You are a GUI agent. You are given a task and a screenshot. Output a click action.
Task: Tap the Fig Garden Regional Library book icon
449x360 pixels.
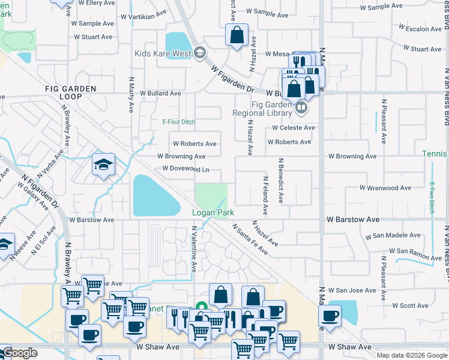(301, 109)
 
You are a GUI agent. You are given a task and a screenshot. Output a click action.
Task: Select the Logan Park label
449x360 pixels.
(212, 213)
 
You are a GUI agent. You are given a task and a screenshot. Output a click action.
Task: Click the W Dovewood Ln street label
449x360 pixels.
(185, 169)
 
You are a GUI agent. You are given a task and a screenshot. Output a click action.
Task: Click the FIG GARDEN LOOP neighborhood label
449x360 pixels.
(71, 92)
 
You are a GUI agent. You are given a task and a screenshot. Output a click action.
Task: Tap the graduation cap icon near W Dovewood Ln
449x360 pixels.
(103, 165)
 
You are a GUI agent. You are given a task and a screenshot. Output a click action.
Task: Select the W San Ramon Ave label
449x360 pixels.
(411, 254)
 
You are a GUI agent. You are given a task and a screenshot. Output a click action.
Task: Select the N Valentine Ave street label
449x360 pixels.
(194, 248)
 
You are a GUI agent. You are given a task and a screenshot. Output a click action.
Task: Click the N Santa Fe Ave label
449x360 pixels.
(250, 239)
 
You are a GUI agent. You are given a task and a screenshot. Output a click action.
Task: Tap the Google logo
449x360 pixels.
(19, 353)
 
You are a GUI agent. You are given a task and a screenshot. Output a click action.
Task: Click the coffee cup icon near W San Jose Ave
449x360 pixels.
(329, 316)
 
